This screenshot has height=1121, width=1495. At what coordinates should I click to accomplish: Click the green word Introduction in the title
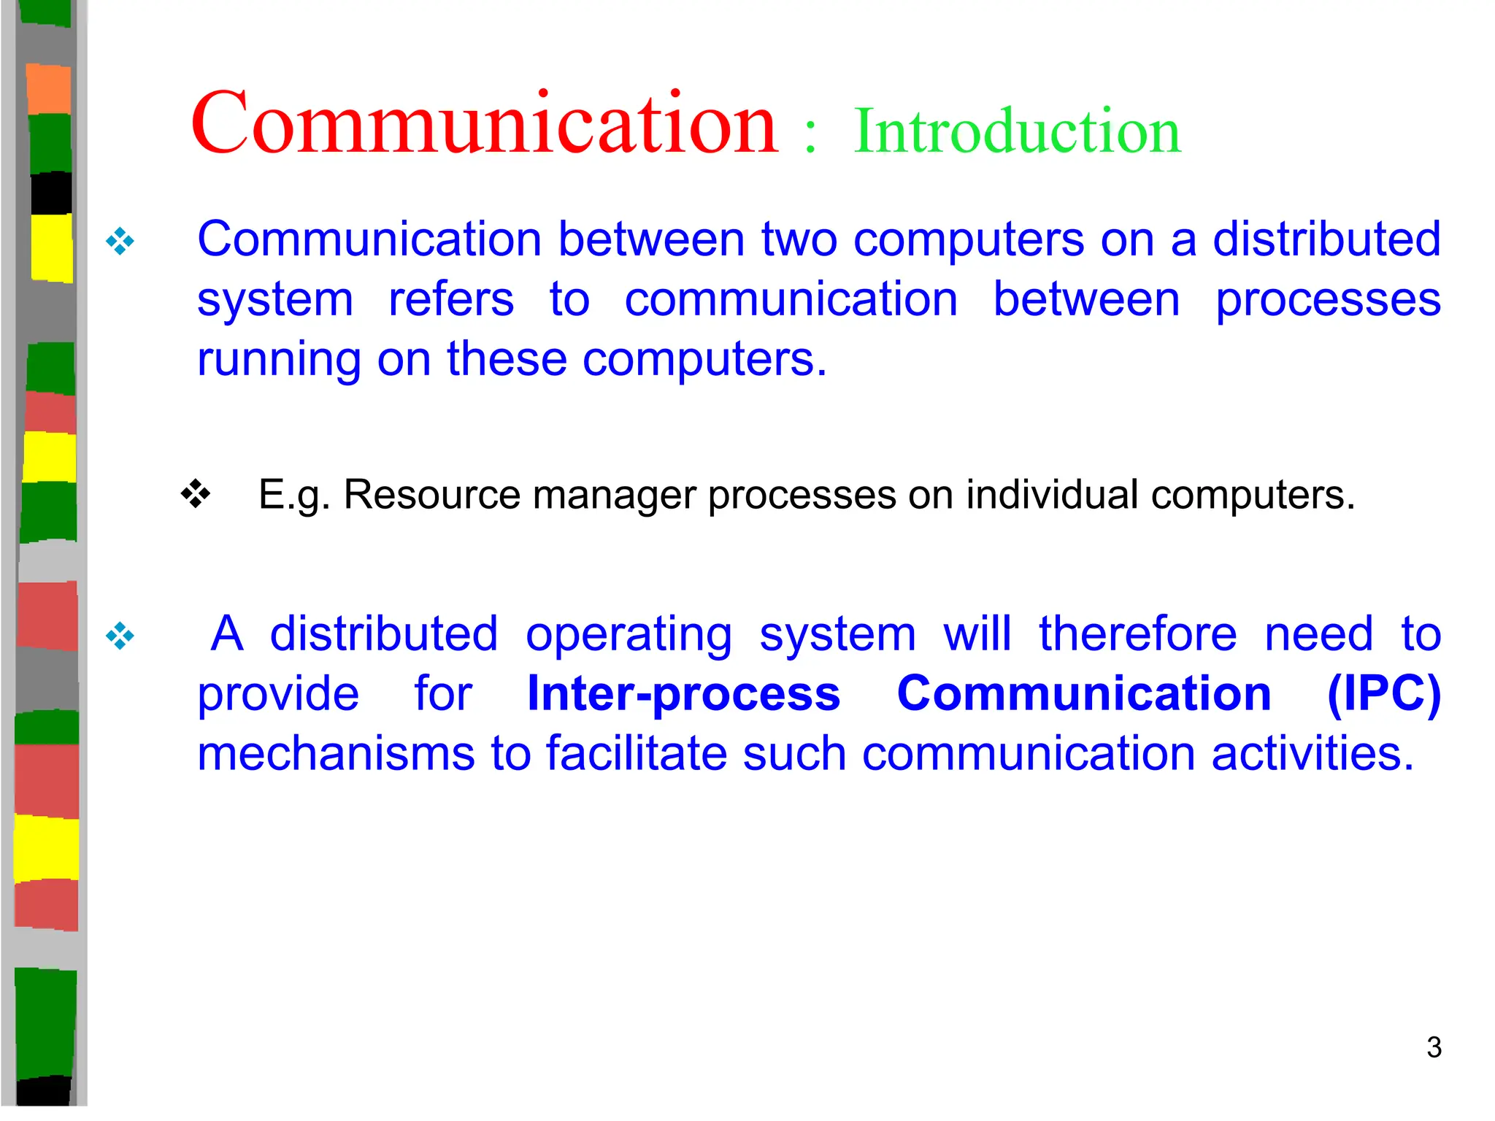1017,131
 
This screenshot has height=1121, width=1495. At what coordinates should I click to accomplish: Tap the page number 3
1434,1047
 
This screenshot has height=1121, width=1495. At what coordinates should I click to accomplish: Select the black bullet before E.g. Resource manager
196,494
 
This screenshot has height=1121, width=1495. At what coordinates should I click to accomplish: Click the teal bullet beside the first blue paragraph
120,241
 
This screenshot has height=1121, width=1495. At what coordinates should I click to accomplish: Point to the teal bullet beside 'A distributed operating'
120,636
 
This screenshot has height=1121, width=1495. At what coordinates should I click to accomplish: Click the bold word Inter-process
683,693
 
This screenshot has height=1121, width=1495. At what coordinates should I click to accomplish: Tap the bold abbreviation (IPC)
1383,693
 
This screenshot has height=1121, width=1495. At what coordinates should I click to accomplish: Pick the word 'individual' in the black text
1052,495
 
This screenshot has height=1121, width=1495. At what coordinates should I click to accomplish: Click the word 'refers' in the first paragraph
450,300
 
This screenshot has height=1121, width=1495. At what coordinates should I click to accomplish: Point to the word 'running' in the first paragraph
279,360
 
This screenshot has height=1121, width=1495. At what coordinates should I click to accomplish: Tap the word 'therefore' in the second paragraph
1137,633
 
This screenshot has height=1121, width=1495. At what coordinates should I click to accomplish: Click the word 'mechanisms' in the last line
336,753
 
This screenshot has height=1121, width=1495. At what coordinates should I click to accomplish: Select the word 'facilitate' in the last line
637,753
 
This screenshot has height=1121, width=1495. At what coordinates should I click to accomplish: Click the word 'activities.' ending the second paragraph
1313,753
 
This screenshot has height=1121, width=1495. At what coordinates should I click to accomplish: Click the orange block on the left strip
49,89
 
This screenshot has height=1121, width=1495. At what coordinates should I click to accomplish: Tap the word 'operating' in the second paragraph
629,635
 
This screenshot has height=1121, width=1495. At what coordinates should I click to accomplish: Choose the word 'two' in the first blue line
799,239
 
